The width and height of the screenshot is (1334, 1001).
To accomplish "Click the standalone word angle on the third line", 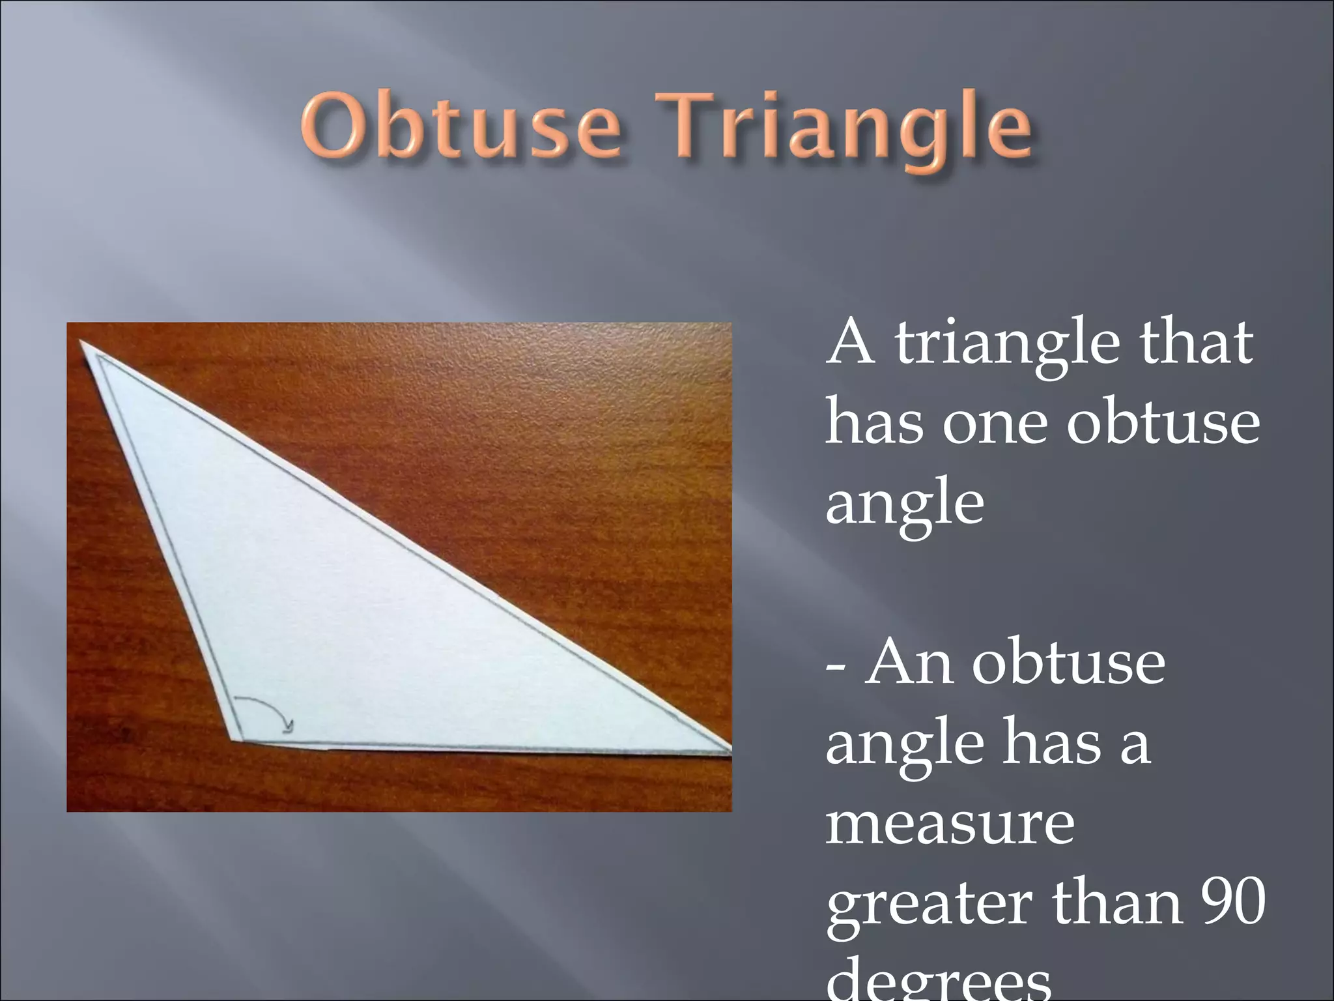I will pyautogui.click(x=905, y=506).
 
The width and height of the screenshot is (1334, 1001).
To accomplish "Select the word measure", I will pyautogui.click(x=950, y=824).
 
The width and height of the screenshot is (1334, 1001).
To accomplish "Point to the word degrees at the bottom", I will pyautogui.click(x=939, y=981).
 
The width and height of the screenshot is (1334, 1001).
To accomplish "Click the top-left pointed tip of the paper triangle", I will pyautogui.click(x=83, y=342).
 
